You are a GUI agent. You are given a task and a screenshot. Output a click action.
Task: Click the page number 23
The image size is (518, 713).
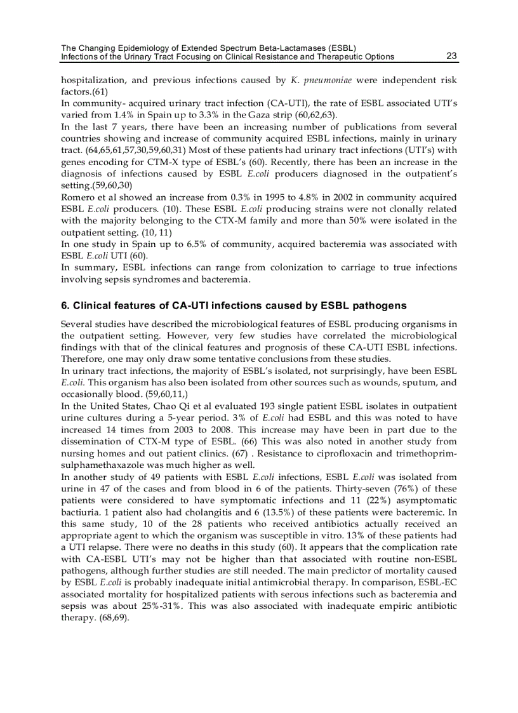[451, 56]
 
